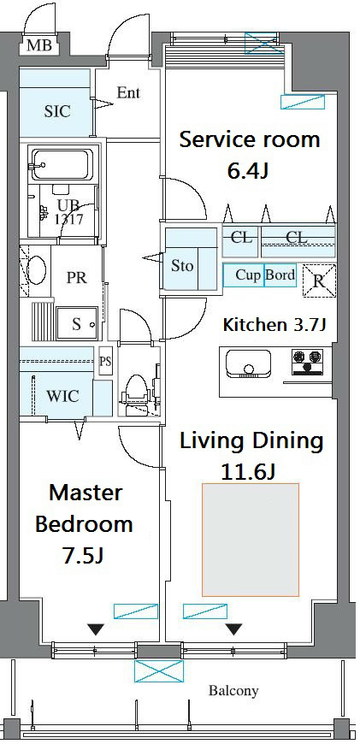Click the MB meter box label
click(x=38, y=45)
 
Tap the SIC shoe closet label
click(x=57, y=111)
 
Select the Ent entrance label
click(x=128, y=92)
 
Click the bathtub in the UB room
click(x=62, y=165)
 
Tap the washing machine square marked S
click(x=76, y=323)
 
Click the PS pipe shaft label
click(x=105, y=362)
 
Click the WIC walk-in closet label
click(x=62, y=395)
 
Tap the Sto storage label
click(x=182, y=266)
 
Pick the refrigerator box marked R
click(x=319, y=280)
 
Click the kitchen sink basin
click(x=248, y=363)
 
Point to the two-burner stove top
click(x=306, y=362)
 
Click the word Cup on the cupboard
click(x=249, y=275)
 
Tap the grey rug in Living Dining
click(x=251, y=540)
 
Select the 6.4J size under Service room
click(x=249, y=171)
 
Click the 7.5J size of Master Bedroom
click(x=83, y=555)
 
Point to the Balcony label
click(x=233, y=691)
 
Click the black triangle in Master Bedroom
click(x=97, y=629)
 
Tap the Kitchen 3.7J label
click(x=274, y=325)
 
